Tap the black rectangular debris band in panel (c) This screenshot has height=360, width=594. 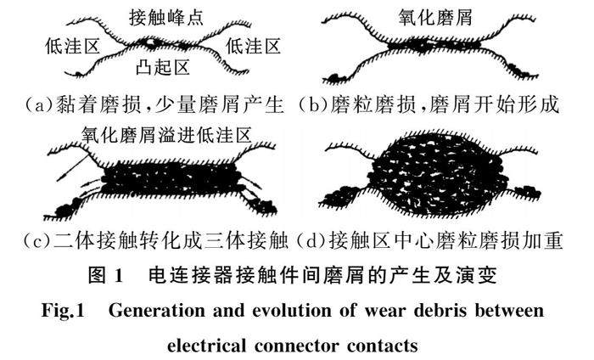click(165, 181)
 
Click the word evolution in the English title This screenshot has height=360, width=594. click(301, 311)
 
